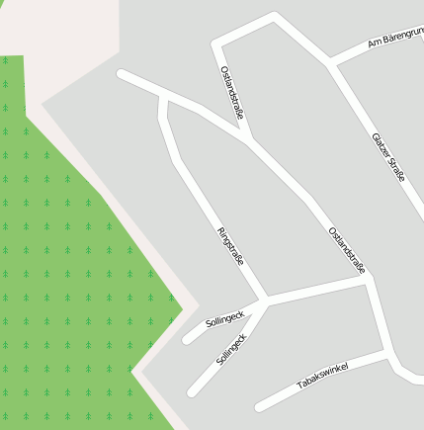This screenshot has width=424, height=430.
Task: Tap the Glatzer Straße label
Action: (x=388, y=157)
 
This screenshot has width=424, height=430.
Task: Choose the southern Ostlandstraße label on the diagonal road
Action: (x=348, y=249)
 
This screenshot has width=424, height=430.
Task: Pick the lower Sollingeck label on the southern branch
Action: (x=231, y=350)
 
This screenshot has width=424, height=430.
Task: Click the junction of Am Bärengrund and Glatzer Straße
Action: (x=332, y=64)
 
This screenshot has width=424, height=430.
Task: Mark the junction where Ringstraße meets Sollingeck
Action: (x=266, y=299)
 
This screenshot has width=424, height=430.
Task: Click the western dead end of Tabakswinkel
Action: (x=259, y=406)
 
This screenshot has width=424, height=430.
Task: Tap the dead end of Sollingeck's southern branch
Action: (x=192, y=391)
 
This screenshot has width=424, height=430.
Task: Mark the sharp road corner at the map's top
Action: (x=274, y=17)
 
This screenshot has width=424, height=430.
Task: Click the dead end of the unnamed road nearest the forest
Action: (x=121, y=73)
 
